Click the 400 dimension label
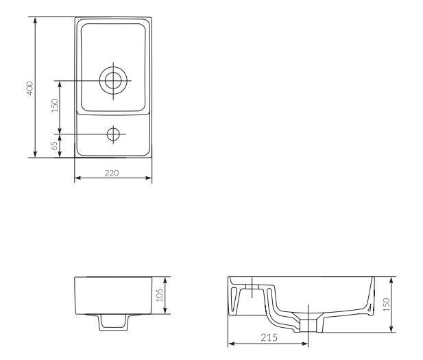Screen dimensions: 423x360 30,88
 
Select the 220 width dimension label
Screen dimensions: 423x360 112,173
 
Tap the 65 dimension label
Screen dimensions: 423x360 54,146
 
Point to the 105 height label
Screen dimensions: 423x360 160,295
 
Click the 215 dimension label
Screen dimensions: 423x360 269,337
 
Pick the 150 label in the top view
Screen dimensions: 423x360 54,106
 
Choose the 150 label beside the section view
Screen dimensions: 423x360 386,304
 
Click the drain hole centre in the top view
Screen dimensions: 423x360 113,80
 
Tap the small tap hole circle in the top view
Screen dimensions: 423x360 113,134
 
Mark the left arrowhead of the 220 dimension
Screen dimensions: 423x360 77,178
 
